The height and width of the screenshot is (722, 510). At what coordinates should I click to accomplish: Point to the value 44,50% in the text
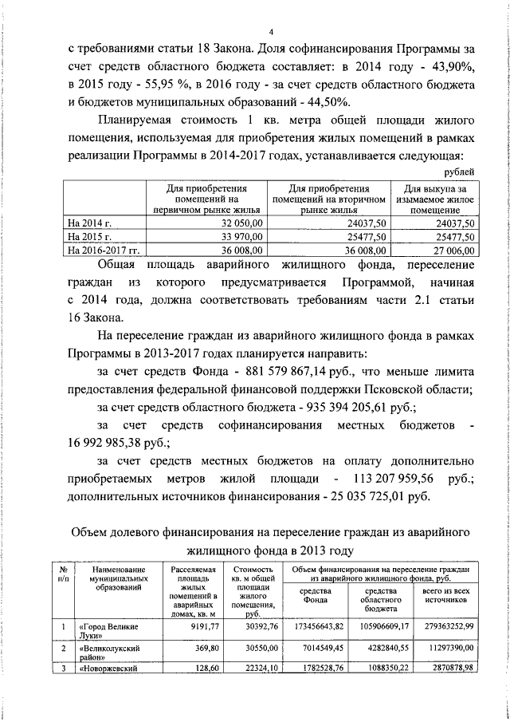coord(324,102)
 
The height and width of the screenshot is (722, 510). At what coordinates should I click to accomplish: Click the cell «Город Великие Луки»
coord(107,632)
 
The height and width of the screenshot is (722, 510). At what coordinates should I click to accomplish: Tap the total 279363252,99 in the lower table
coord(444,627)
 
